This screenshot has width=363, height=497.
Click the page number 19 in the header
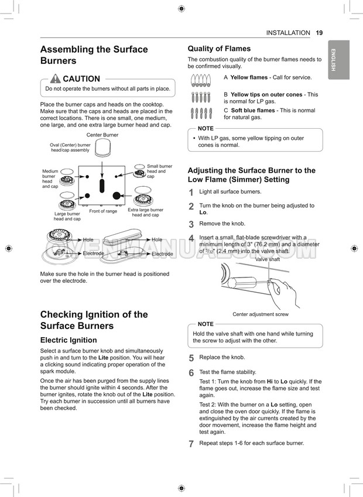319,33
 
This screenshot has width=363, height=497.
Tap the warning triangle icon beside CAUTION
55,79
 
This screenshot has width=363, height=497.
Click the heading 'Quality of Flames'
219,49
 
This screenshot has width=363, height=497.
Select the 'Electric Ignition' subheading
69,340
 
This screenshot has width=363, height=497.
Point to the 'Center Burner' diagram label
102,135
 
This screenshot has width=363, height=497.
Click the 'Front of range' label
103,211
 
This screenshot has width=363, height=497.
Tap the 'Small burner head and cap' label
159,171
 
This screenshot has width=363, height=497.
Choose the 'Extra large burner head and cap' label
146,212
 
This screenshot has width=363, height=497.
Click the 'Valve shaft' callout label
268,259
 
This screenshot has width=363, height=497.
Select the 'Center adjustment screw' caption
261,314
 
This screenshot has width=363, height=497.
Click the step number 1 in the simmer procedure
191,193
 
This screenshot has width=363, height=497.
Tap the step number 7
191,444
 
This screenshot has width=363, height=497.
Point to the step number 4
191,239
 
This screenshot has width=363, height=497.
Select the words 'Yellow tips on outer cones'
266,94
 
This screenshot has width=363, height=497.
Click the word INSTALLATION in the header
288,33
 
